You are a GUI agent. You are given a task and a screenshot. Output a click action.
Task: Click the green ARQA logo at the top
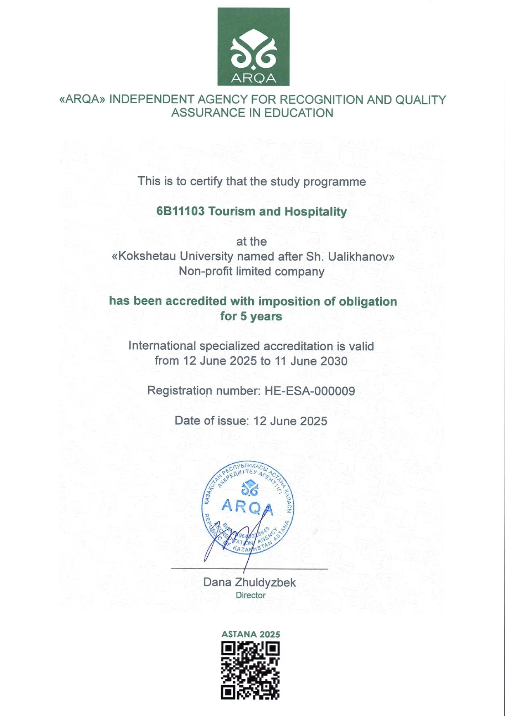pyautogui.click(x=253, y=46)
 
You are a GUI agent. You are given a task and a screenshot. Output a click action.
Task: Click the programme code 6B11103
pyautogui.click(x=180, y=211)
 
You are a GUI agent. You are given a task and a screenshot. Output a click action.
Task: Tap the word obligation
pyautogui.click(x=367, y=301)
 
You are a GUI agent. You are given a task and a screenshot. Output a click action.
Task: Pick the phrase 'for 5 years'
pyautogui.click(x=251, y=316)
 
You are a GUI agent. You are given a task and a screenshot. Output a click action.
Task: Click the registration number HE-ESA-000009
pyautogui.click(x=310, y=391)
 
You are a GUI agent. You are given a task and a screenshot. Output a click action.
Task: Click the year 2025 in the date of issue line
pyautogui.click(x=313, y=421)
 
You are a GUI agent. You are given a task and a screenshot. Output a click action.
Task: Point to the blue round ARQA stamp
pyautogui.click(x=248, y=507)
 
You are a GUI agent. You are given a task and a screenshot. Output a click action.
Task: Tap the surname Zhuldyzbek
pyautogui.click(x=265, y=582)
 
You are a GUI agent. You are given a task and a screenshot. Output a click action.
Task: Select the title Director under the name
pyautogui.click(x=251, y=595)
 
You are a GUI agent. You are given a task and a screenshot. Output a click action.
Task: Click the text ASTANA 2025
pyautogui.click(x=251, y=634)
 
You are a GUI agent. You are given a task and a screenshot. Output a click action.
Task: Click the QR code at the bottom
pyautogui.click(x=250, y=670)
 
